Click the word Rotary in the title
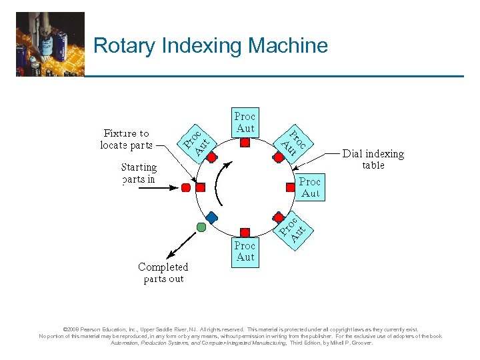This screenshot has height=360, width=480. (120, 46)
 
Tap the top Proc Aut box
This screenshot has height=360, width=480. (245, 122)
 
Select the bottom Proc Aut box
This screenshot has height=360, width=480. (245, 251)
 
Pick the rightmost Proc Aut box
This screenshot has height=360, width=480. (310, 187)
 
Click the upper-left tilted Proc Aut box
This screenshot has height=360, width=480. (197, 138)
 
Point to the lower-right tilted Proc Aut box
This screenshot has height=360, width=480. (293, 228)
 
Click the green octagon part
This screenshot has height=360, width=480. (201, 227)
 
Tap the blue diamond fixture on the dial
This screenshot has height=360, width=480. (211, 217)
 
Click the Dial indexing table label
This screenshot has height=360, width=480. (373, 159)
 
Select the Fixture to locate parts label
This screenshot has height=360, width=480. (127, 139)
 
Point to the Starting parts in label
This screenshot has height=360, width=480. (139, 173)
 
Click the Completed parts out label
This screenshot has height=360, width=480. (163, 273)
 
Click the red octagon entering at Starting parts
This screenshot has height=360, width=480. (186, 187)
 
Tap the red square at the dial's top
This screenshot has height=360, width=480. (245, 143)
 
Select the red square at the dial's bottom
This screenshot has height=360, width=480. (245, 233)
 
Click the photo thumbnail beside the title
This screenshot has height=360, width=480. (51, 44)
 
